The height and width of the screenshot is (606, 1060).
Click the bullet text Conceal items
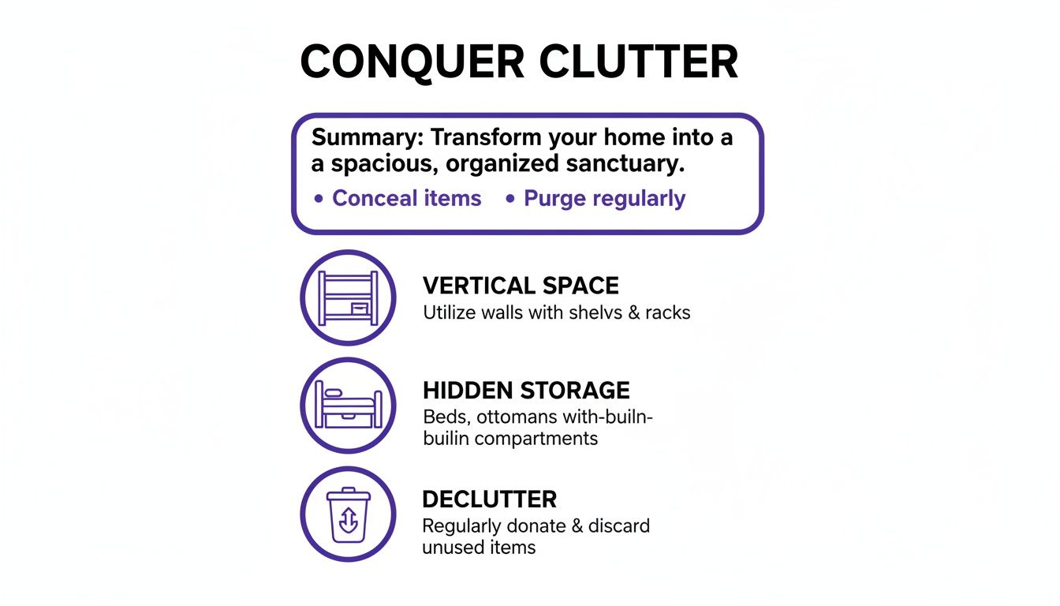(406, 198)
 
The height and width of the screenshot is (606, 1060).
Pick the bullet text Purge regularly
(604, 198)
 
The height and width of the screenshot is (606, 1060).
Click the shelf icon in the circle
(347, 297)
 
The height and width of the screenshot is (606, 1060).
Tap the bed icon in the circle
(347, 405)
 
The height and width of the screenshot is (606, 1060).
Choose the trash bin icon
(347, 514)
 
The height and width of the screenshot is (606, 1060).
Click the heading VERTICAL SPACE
(521, 286)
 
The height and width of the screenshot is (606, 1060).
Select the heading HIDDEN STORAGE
(526, 391)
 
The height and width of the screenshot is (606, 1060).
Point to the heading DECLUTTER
(489, 499)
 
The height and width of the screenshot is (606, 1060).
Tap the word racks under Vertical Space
(667, 312)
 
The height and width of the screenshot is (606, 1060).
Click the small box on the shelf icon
(359, 308)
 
